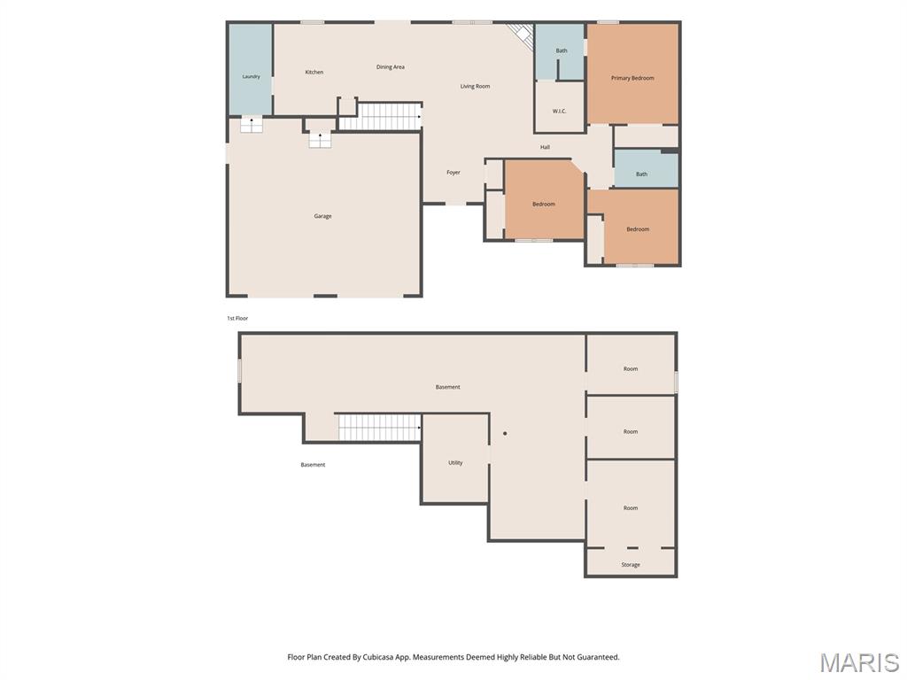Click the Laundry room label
pos(251,76)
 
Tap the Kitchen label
pos(314,73)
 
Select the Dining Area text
pos(391,67)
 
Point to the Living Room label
pos(475,86)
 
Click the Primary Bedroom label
pos(632,78)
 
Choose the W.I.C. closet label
pos(559,111)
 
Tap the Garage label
pos(322,216)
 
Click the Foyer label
pos(453,173)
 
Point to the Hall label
pos(545,148)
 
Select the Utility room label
pos(455,462)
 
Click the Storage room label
pos(631,565)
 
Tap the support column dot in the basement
pos(505,433)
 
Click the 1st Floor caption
pos(237,319)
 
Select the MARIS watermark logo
pos(859,662)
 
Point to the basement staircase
pos(379,428)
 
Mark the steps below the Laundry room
pos(251,124)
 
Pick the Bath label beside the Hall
pos(641,174)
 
